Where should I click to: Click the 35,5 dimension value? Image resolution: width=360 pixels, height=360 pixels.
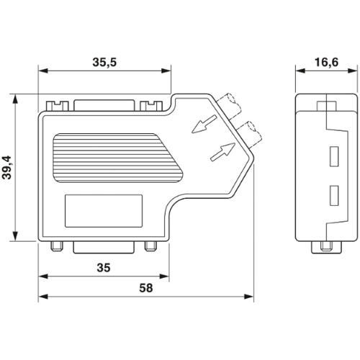tap(104, 62)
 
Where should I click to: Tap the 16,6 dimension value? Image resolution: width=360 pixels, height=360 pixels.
tap(326, 62)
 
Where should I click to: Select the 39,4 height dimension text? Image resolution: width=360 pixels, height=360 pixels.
tap(7, 168)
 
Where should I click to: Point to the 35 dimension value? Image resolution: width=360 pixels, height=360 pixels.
tap(104, 268)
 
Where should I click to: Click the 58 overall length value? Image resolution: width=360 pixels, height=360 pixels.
tap(146, 288)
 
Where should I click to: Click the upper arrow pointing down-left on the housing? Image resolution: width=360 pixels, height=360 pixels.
tap(204, 124)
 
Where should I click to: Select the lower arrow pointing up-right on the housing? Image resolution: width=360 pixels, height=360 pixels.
tap(222, 152)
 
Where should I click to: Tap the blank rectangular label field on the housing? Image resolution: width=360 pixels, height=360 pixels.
tap(104, 211)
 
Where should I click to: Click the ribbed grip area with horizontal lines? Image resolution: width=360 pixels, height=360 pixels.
tap(117, 158)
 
